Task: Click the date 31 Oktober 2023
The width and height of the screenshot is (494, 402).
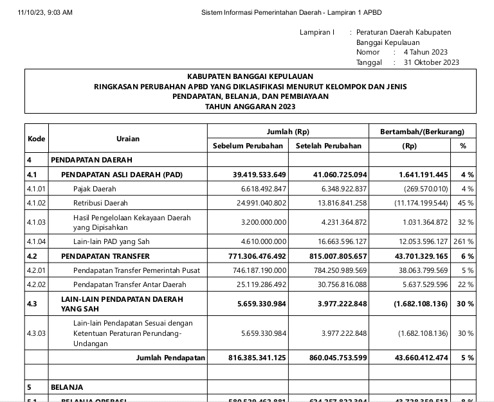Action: pyautogui.click(x=432, y=62)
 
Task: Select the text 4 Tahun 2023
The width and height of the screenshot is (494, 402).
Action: pyautogui.click(x=425, y=52)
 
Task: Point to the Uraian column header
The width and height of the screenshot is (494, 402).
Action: pyautogui.click(x=128, y=139)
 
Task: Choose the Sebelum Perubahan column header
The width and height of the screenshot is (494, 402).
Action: pyautogui.click(x=248, y=146)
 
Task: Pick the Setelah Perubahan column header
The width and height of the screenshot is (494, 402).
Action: pyautogui.click(x=329, y=146)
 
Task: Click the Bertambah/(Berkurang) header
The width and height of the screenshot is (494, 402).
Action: pyautogui.click(x=422, y=132)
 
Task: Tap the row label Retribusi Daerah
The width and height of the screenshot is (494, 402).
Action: pyautogui.click(x=100, y=203)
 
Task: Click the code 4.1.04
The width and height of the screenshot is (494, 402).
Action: pyautogui.click(x=37, y=241)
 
